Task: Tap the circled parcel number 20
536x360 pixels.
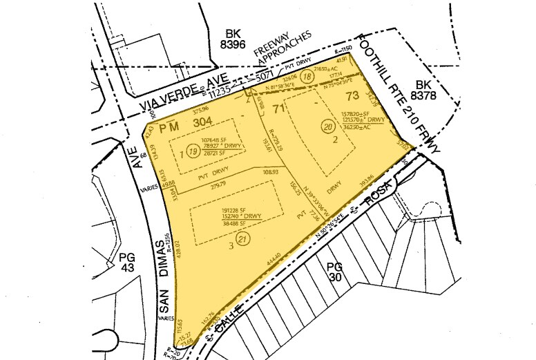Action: [327, 126]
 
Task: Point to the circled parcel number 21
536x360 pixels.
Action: [242, 239]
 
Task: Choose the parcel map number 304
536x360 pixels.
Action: [202, 122]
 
